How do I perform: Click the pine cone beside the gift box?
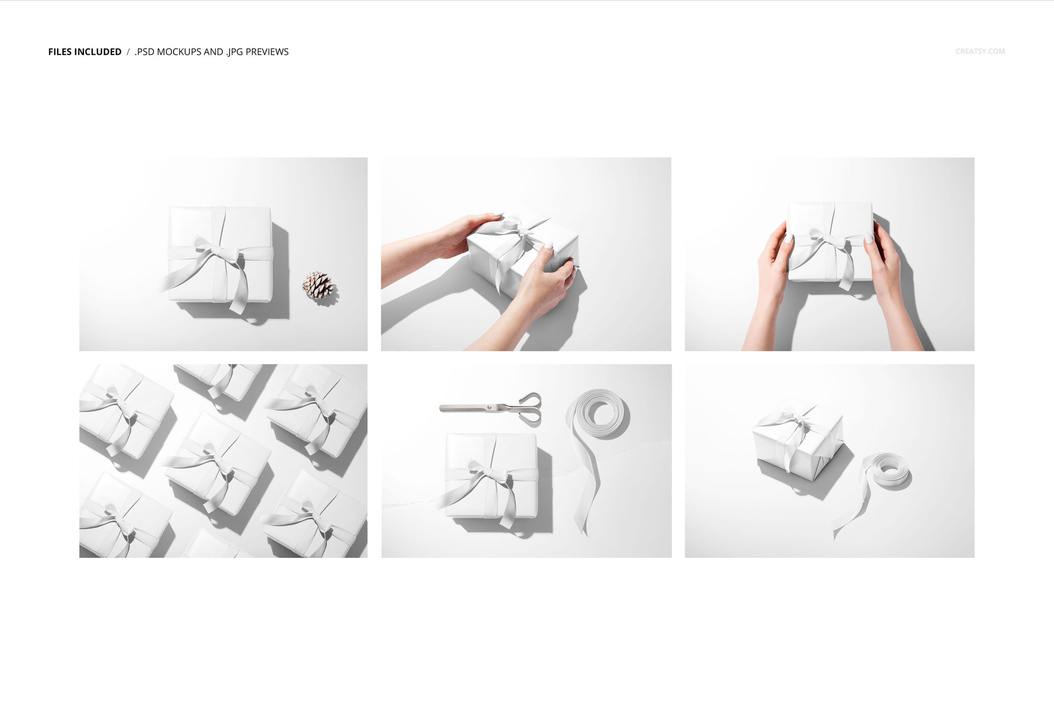pos(318,285)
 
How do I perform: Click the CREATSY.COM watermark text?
pos(980,51)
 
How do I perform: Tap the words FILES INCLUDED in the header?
pos(85,52)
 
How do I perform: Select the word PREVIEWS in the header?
pos(267,52)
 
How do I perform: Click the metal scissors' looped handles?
pos(530,408)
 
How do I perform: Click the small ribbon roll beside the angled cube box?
pos(889,470)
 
